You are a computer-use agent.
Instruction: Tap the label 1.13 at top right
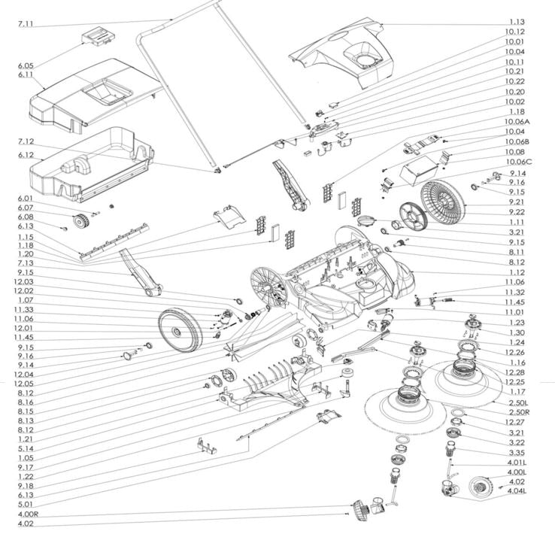(x=516, y=22)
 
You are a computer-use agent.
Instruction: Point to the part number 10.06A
(x=517, y=121)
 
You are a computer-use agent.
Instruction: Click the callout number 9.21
(x=516, y=202)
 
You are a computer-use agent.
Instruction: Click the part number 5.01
(x=25, y=505)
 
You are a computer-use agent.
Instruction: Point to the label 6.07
(x=26, y=208)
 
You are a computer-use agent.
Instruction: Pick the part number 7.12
(x=26, y=141)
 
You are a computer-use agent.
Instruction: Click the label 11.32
(x=515, y=292)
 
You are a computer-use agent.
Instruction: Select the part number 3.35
(x=516, y=454)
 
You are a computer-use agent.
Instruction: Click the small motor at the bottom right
(x=478, y=490)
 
